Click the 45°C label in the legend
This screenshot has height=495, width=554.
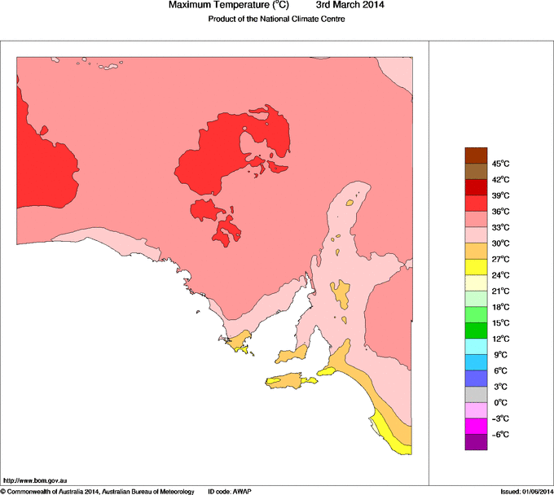[500, 164]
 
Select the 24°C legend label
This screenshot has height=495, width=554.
[500, 275]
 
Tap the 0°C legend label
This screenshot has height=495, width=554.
[500, 402]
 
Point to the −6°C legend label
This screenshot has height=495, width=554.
[499, 434]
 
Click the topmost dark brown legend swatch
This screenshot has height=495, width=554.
[476, 156]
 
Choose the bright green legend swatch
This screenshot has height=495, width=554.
[476, 314]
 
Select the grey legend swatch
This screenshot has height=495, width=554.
[476, 394]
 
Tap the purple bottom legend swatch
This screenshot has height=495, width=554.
[476, 442]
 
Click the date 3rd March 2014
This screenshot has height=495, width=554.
[350, 5]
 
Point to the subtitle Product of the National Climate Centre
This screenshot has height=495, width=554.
[277, 19]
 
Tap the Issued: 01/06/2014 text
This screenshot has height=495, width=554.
[526, 491]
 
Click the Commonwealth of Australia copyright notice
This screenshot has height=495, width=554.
[98, 491]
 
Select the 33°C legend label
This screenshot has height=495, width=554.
[500, 227]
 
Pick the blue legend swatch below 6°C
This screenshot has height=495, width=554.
[476, 379]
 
